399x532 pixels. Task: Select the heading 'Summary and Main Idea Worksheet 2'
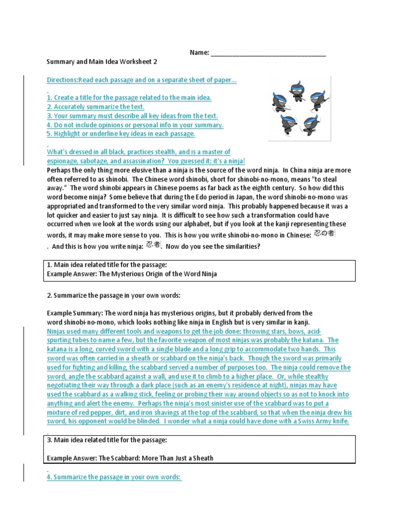[102, 62]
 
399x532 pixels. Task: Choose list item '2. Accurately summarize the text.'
[96, 107]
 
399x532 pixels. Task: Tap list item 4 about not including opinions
[135, 125]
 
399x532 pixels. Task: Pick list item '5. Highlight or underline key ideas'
[121, 134]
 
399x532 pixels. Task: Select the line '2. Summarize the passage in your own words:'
[112, 296]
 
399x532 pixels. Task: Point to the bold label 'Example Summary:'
[74, 313]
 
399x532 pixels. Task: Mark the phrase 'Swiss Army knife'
[323, 421]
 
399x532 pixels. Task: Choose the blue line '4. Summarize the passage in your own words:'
[114, 477]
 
